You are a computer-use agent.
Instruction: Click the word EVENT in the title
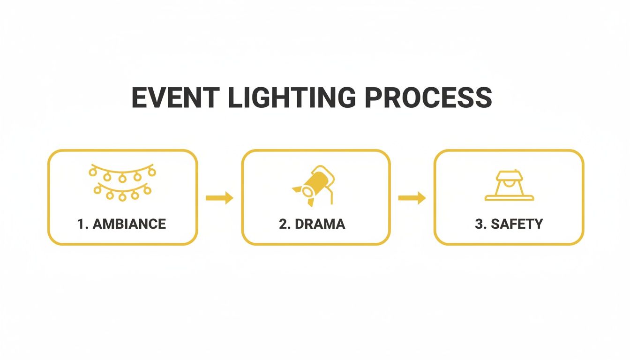[x=174, y=97]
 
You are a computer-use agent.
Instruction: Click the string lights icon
[x=122, y=182]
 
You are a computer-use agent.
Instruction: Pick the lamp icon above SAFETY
[x=509, y=186]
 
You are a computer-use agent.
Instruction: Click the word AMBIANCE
[x=129, y=224]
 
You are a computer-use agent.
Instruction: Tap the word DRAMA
[x=320, y=224]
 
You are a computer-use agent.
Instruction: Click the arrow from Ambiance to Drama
[x=219, y=198]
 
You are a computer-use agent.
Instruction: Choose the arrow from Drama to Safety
[x=412, y=198]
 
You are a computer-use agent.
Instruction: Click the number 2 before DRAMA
[x=283, y=224]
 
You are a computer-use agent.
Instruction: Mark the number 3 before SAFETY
[x=479, y=224]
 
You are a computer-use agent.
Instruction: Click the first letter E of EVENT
[x=139, y=97]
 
